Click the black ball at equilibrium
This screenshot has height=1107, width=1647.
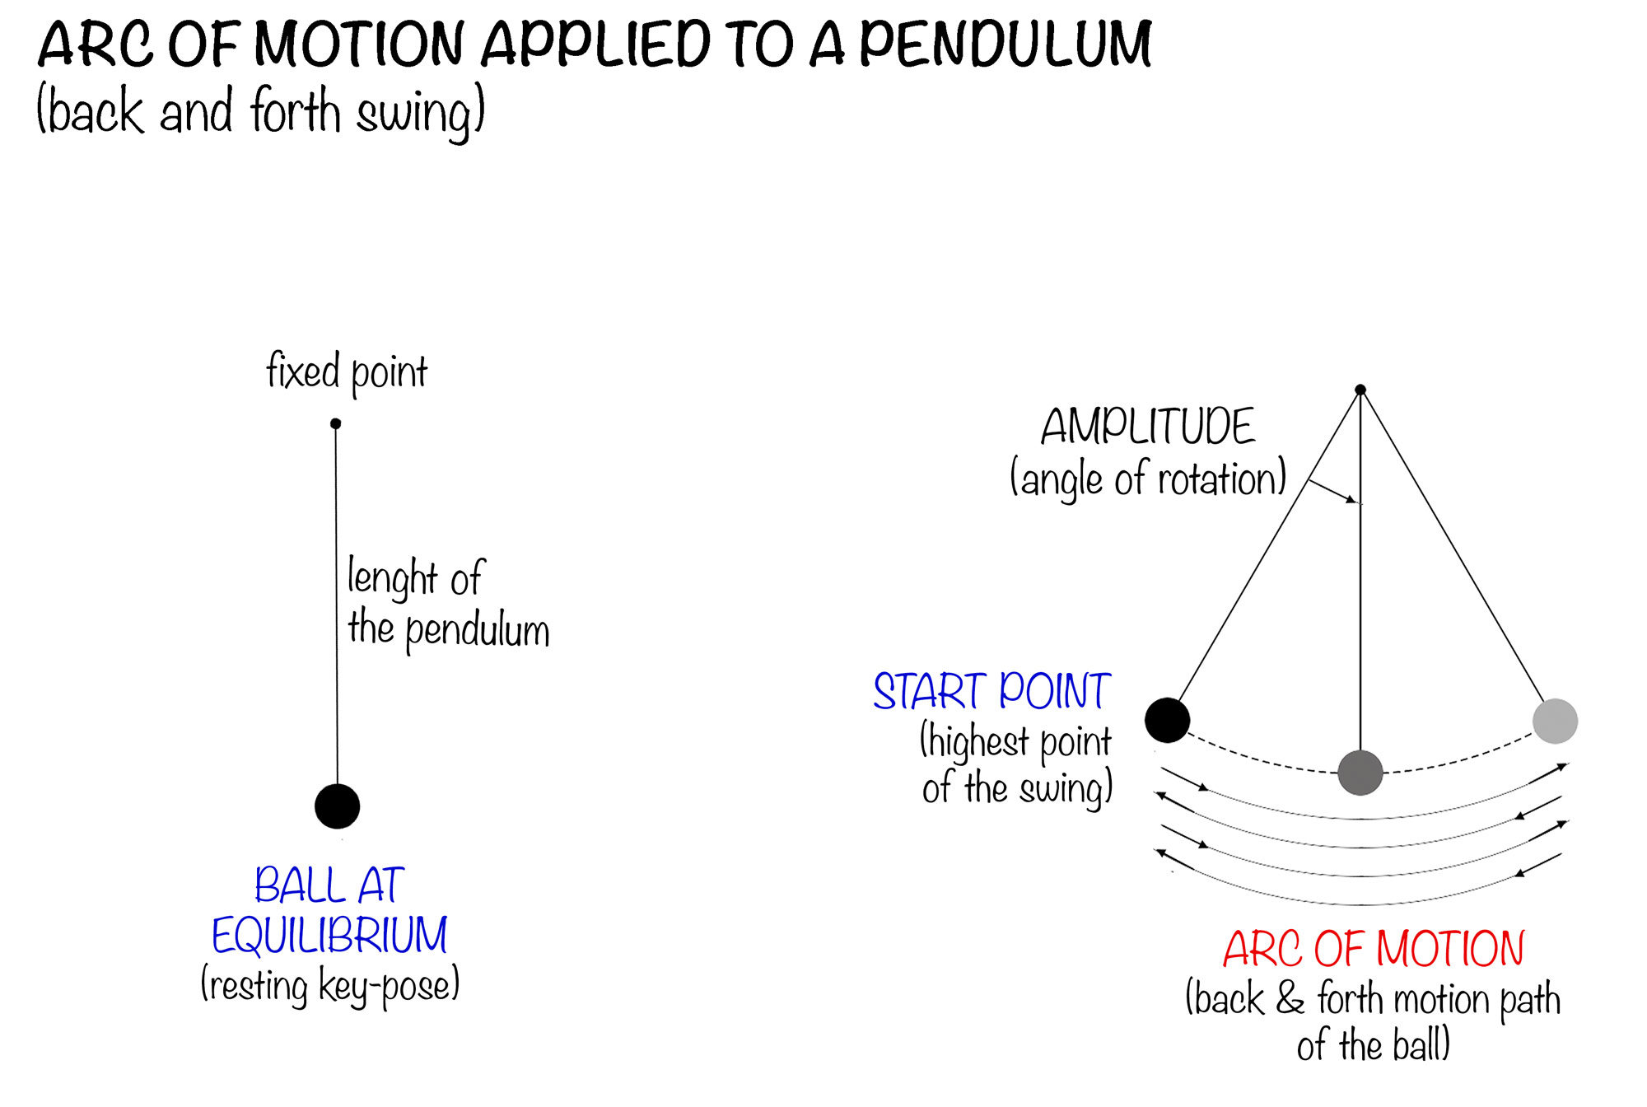[x=338, y=806]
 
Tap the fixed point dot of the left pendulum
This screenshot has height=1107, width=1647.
[x=335, y=423]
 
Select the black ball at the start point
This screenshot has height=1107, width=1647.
[x=1167, y=720]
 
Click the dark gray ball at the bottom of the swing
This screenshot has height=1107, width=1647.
[x=1360, y=773]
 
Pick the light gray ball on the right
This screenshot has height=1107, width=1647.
[x=1555, y=721]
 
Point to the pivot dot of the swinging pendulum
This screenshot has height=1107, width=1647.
[x=1360, y=390]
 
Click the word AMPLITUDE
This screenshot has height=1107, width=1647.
[x=1148, y=427]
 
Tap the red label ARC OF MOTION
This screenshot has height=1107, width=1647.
[x=1374, y=949]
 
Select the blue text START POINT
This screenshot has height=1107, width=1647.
[x=992, y=691]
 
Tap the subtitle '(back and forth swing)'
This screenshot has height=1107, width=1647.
[x=261, y=112]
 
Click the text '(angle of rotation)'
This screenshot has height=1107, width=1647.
[x=1148, y=479]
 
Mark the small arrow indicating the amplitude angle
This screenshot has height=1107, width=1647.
[x=1332, y=491]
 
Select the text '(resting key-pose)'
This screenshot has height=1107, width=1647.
[x=329, y=986]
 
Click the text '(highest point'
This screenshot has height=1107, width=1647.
[x=1015, y=741]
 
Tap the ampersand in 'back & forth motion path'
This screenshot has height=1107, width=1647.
[x=1290, y=998]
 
